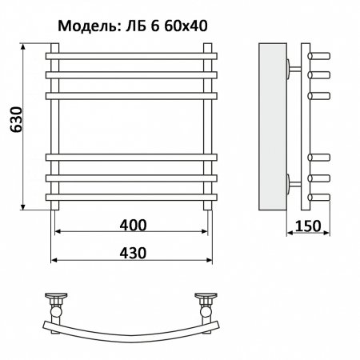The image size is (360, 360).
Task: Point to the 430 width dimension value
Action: (133, 250)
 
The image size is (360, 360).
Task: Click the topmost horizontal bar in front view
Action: (133, 57)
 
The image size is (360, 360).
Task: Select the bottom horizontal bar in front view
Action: (133, 194)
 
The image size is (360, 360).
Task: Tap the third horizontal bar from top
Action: (133, 94)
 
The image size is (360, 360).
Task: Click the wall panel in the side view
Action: (273, 125)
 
